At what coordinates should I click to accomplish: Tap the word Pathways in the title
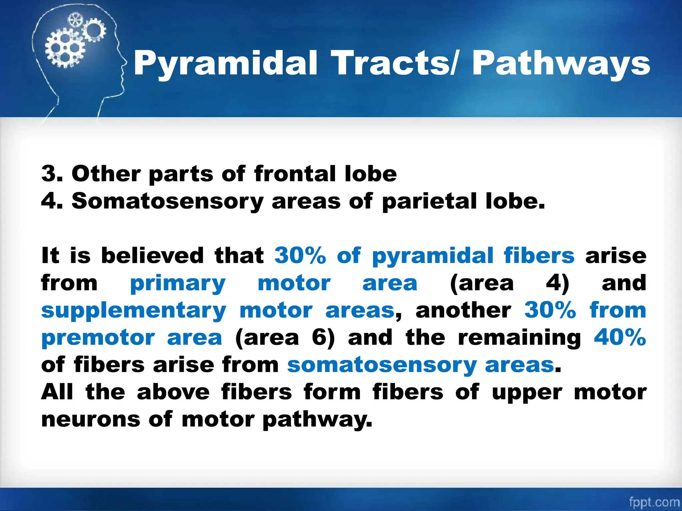point(561,63)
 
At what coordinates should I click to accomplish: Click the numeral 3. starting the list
point(52,174)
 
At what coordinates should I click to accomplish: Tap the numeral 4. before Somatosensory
point(52,201)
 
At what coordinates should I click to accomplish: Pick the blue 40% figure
point(620,337)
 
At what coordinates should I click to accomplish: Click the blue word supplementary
point(134,311)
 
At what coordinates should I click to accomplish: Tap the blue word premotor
point(98,338)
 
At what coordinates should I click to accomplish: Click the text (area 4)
point(510,283)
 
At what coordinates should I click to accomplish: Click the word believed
point(152,255)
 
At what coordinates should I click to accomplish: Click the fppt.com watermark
point(654,502)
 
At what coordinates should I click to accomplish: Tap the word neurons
point(91,419)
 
